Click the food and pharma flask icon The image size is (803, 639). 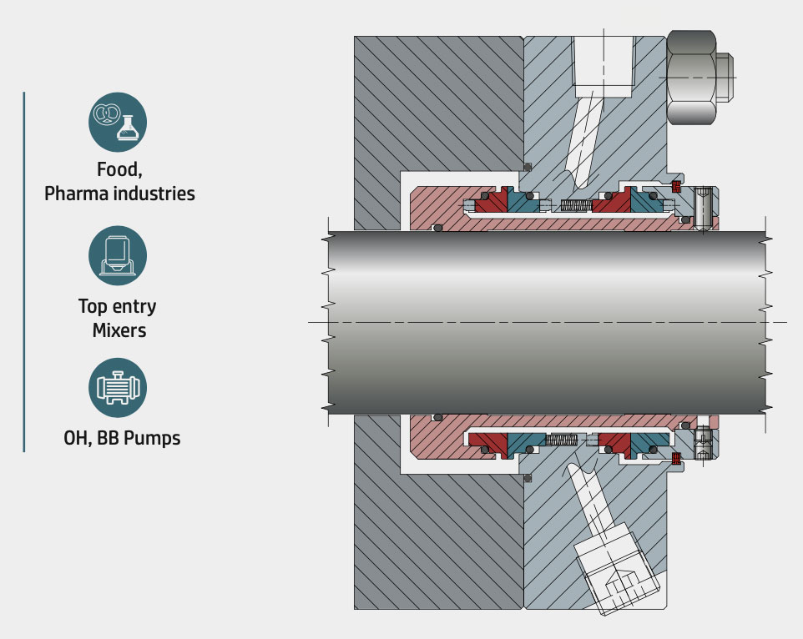117,122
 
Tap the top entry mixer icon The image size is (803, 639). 117,255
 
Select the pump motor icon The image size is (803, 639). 117,387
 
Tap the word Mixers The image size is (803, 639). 119,330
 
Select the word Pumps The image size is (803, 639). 152,439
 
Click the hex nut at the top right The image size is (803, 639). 699,78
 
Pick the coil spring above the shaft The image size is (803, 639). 576,206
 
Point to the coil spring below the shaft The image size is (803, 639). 561,440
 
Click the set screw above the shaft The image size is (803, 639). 703,209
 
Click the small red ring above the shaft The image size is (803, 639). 676,186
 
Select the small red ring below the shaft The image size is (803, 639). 676,459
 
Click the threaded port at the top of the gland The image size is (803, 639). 604,67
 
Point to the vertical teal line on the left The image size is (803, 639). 23,272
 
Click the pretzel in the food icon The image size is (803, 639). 107,114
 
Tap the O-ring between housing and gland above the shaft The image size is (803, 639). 528,167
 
